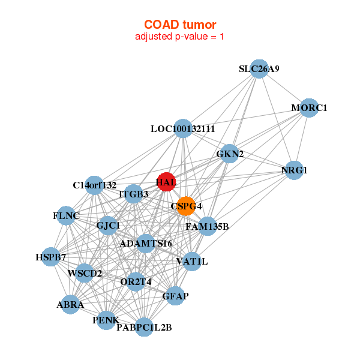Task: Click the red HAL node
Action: coord(166,182)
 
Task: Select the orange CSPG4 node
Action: coord(186,206)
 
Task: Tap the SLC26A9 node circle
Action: coord(259,69)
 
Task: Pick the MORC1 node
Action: coord(308,108)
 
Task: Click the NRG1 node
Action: coord(293,170)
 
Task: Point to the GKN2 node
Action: coord(229,154)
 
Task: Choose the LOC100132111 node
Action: coord(183,128)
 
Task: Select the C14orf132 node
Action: coord(94,185)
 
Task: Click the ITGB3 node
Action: coord(134,194)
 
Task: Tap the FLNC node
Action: coord(66,215)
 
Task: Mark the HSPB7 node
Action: coord(51,257)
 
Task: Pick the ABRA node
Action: coord(71,305)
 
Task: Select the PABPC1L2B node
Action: coord(144,327)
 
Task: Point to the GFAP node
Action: coord(175,296)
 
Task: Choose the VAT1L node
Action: coord(191,261)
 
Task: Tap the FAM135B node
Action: coord(207,226)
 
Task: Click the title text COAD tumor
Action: coord(180,25)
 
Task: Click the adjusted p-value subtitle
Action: coord(180,37)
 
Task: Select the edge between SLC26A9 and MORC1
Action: coord(283,88)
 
